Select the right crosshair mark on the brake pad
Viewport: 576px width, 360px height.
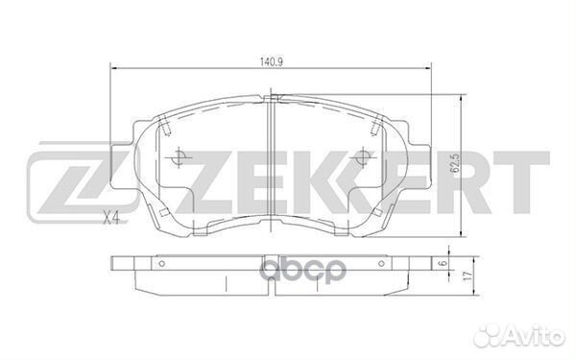point(360,157)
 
